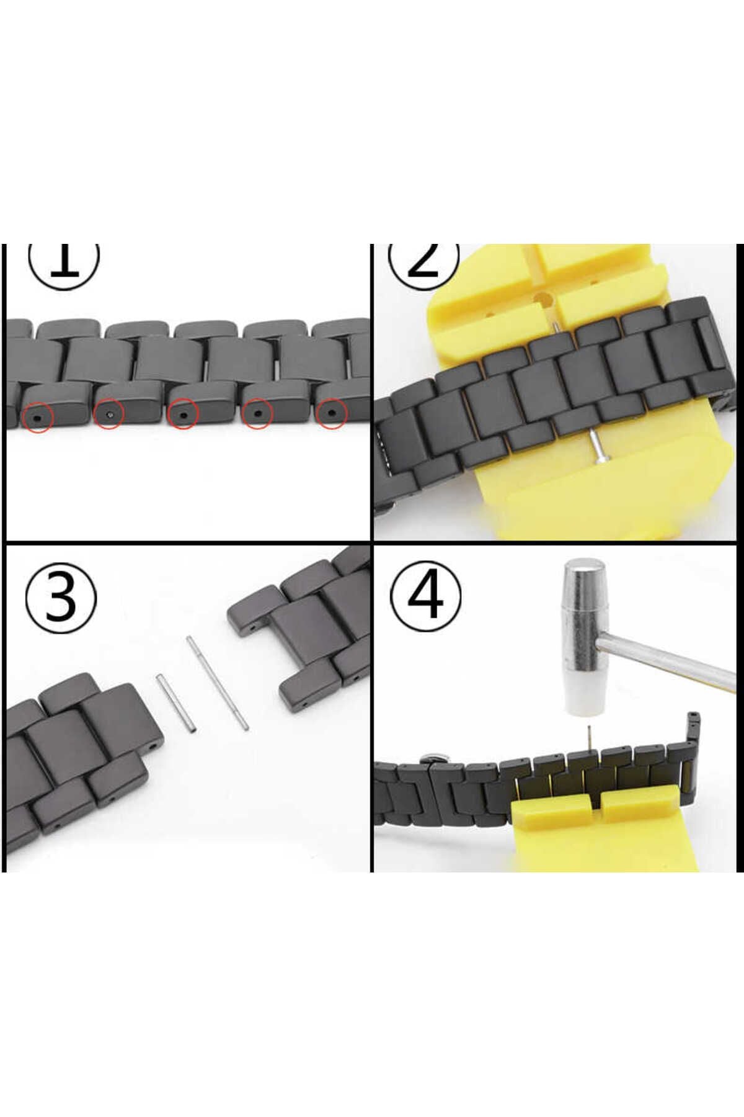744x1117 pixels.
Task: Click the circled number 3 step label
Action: [x=61, y=598]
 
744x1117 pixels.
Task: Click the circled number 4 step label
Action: [x=426, y=594]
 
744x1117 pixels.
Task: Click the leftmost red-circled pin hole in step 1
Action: [x=38, y=418]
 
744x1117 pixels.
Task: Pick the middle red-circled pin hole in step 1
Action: [x=182, y=414]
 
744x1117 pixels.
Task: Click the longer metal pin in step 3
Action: [x=218, y=682]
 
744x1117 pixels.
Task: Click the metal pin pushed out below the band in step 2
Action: [x=596, y=446]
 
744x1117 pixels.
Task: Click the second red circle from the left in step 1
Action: [x=110, y=413]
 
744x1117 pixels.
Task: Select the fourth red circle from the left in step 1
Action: [x=257, y=413]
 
